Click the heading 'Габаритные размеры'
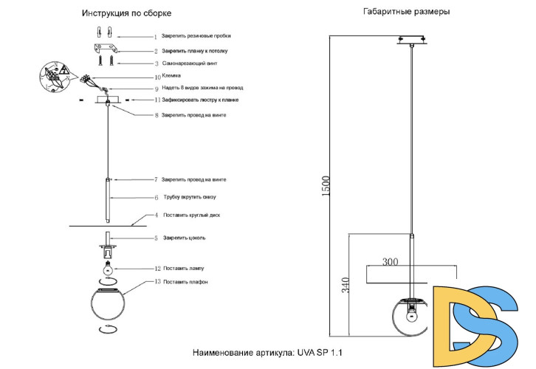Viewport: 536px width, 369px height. point(406,12)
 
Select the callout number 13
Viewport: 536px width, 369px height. point(157,281)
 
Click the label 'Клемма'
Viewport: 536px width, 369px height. point(171,76)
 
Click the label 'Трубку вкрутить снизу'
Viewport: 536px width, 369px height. point(195,198)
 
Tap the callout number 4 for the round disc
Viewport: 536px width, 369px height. point(157,215)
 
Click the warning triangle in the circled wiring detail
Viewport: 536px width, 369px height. point(63,70)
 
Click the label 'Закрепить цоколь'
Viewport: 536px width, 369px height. point(189,238)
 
